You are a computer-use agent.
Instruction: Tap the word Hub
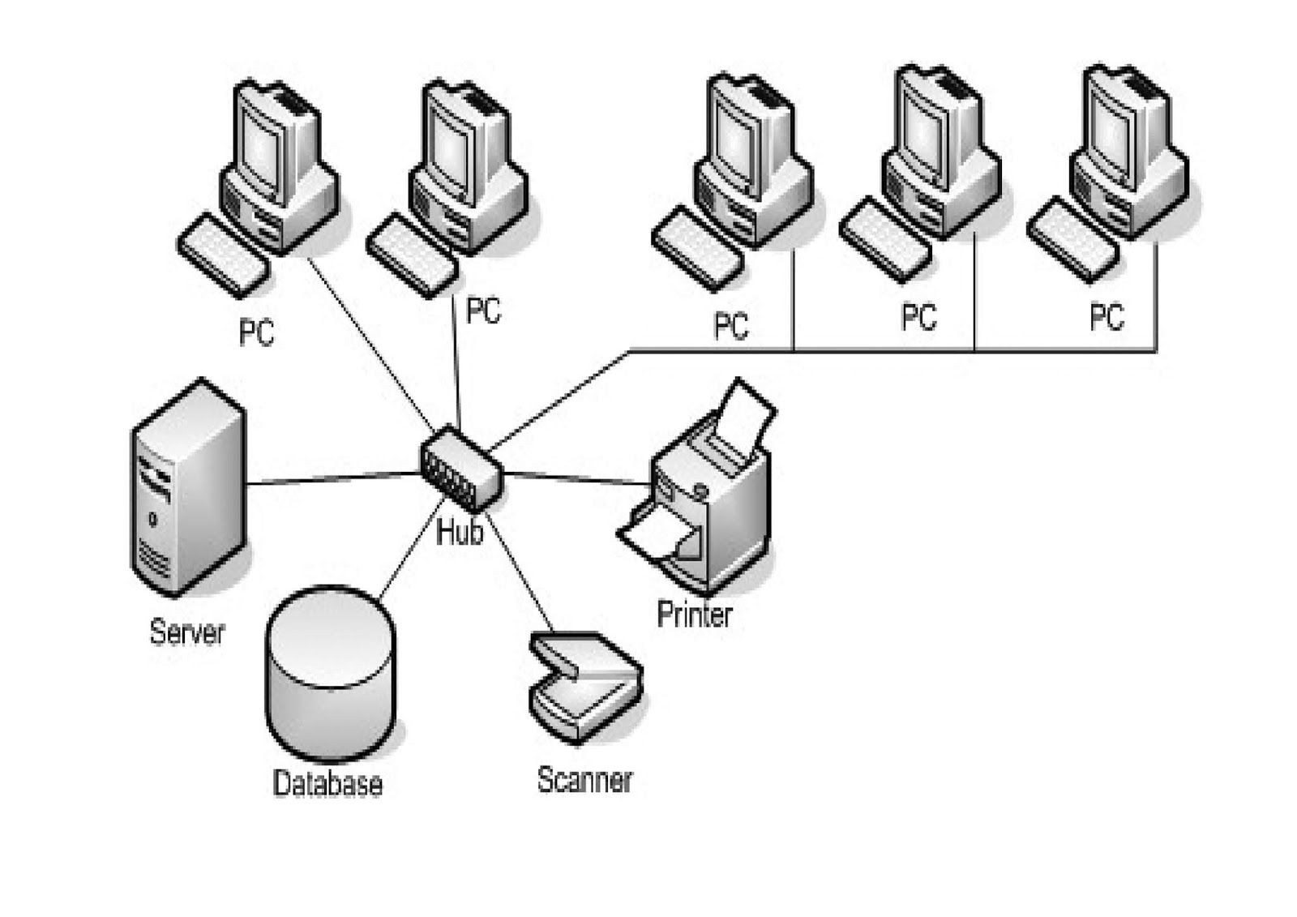coord(460,533)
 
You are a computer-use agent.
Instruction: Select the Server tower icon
coord(187,486)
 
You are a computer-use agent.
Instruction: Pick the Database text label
coord(327,783)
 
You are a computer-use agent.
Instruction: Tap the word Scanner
coord(584,780)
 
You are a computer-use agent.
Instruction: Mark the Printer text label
coord(694,615)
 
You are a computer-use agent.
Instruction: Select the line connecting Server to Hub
coord(332,478)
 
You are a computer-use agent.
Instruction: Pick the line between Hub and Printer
coord(576,478)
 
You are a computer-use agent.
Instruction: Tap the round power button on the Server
coord(152,520)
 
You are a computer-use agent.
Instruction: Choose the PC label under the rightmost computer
coord(1107,316)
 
